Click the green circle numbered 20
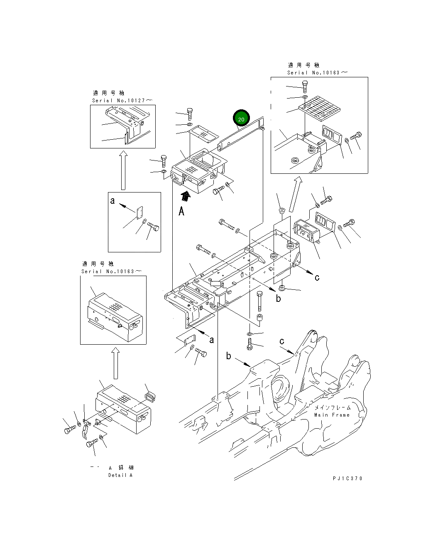click(x=241, y=118)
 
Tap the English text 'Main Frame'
click(x=332, y=415)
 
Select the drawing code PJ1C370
click(x=347, y=479)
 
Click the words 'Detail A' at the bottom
click(x=120, y=475)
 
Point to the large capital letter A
click(x=181, y=212)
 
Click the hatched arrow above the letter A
click(x=186, y=196)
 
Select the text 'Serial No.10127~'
click(x=122, y=101)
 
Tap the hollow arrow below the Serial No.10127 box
click(x=123, y=170)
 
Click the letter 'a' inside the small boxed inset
click(x=113, y=201)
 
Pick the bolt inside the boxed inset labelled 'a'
click(x=153, y=227)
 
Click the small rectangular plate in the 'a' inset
click(x=139, y=212)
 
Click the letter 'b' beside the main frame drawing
click(x=228, y=356)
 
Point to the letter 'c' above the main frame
click(x=282, y=341)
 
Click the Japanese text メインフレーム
click(x=332, y=408)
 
